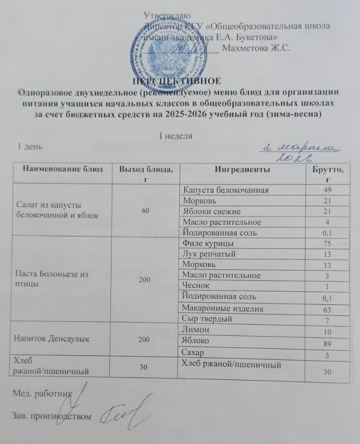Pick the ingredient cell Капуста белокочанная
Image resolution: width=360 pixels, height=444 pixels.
pos(226,190)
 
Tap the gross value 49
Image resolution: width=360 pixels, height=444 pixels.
pos(328,191)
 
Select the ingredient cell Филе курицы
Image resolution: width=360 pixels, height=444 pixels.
pos(206,243)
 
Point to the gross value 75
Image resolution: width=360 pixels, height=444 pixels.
pos(328,244)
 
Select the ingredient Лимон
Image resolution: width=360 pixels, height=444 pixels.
pos(195,330)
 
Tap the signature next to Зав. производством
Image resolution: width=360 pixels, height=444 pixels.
pos(122,412)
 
